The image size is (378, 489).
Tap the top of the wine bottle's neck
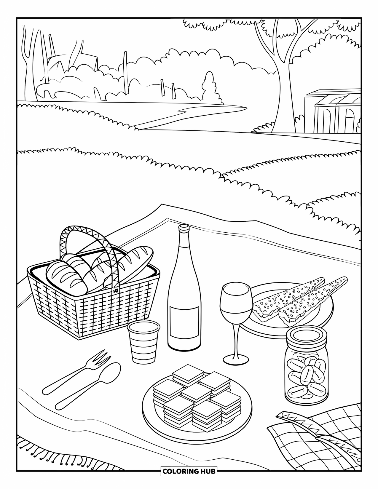(184, 228)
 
